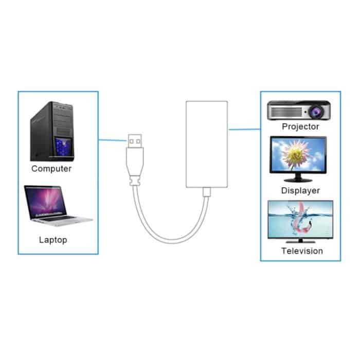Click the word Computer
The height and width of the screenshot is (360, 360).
pos(51,168)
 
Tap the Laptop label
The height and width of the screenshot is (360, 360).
pos(53,240)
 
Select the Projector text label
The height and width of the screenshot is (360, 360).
pos(301,127)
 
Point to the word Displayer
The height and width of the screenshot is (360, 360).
pos(300,190)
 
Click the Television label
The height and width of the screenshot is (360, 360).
pos(302,251)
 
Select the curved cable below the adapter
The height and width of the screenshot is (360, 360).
pos(170,234)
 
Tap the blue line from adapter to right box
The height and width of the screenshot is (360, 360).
pos(244,130)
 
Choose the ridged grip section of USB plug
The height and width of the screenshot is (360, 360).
pos(137,180)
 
